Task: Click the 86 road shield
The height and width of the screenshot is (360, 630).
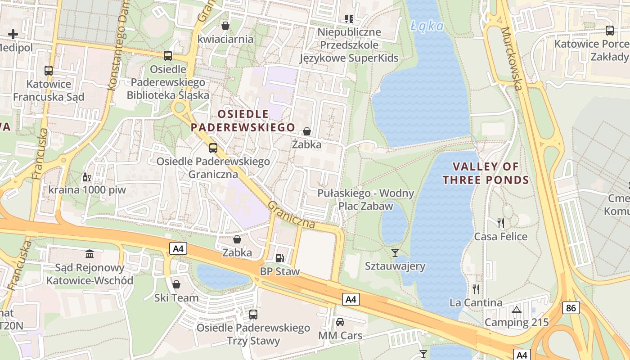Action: click(571, 308)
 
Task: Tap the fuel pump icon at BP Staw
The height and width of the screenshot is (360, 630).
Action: click(279, 258)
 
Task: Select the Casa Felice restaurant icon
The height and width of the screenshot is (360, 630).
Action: click(500, 222)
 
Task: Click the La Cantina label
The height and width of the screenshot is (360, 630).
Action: click(476, 302)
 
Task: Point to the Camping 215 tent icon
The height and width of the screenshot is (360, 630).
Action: click(516, 310)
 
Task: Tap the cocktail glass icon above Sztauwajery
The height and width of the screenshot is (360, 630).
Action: click(395, 252)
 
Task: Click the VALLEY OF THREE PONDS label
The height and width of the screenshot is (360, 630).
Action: click(486, 173)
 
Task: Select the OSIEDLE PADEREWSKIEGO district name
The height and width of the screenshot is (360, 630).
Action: click(243, 121)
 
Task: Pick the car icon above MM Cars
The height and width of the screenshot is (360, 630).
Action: click(340, 322)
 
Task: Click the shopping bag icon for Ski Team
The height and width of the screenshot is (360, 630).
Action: click(176, 284)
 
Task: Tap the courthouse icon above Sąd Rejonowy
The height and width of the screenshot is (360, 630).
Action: click(90, 254)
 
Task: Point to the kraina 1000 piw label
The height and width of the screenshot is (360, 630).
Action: click(87, 189)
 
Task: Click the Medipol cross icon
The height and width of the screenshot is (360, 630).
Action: click(13, 34)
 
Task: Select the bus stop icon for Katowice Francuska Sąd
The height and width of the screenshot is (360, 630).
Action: click(49, 70)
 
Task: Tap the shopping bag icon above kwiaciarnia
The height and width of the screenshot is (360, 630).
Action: click(225, 26)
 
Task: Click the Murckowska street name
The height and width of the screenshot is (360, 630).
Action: click(512, 58)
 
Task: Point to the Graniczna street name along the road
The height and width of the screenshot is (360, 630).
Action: click(291, 215)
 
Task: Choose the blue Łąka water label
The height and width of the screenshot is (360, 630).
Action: click(427, 26)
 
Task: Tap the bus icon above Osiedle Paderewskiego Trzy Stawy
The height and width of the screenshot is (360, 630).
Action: click(253, 314)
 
